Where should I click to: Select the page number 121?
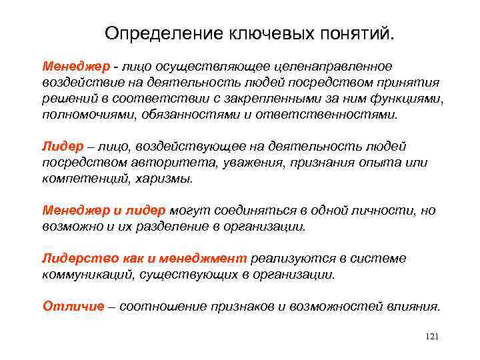point(431,337)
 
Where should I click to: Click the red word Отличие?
point(73,306)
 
